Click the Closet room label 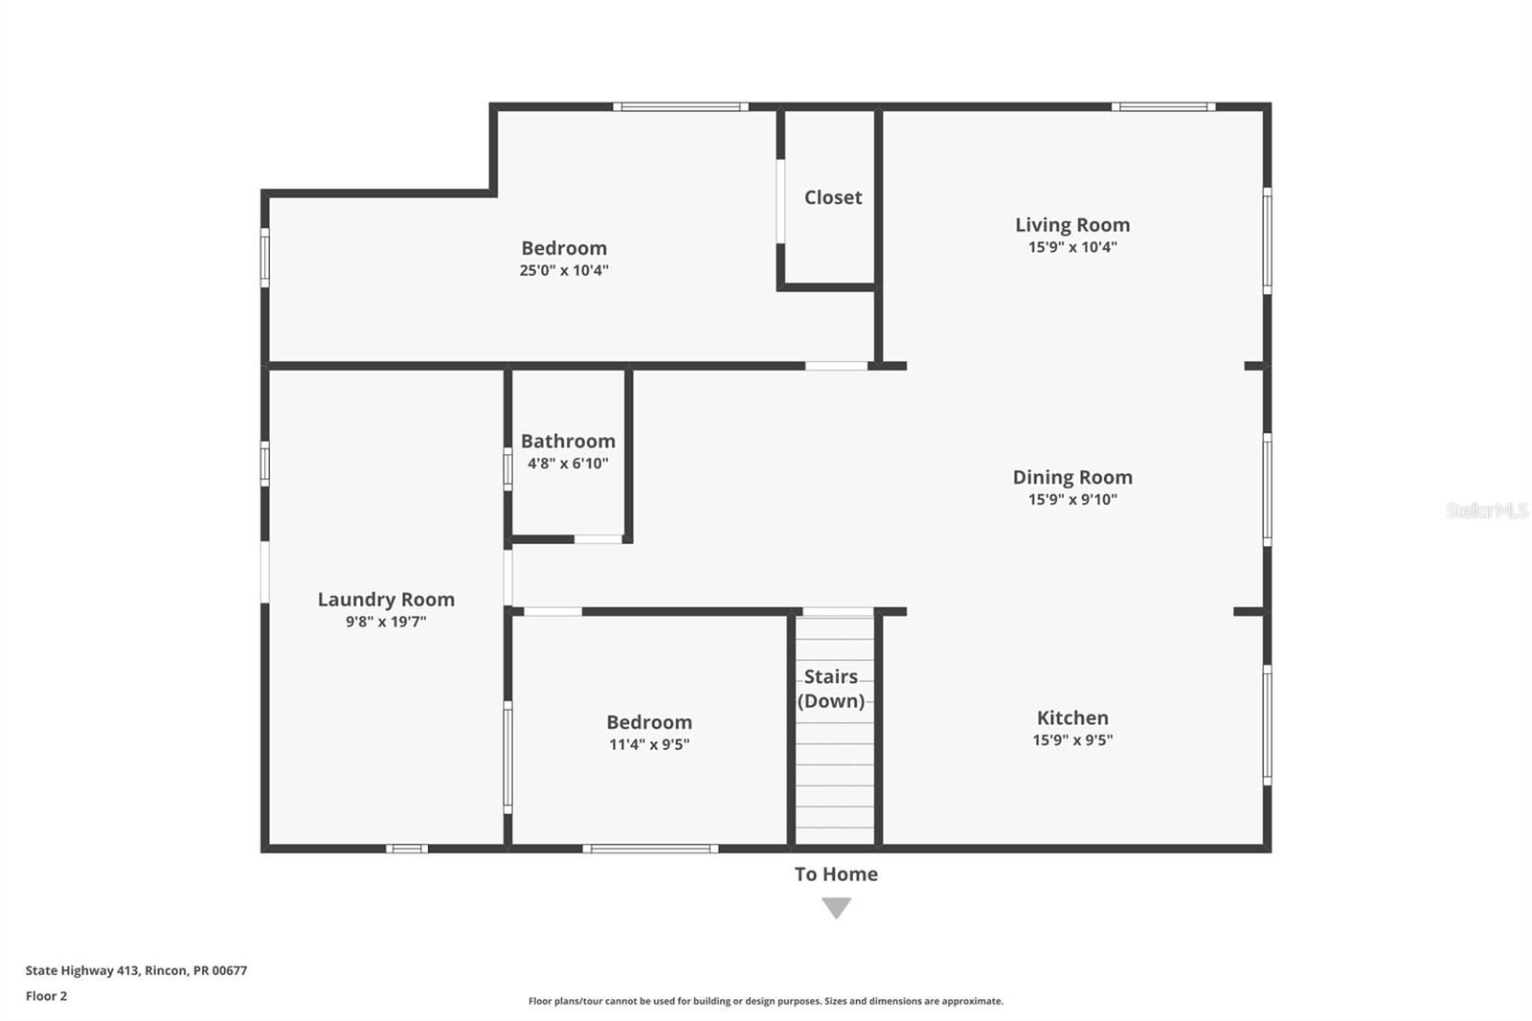pos(832,197)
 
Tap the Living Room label pos(1072,225)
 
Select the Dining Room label pos(1072,477)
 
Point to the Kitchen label pos(1072,717)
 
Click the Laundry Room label pos(386,600)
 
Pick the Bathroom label pos(568,442)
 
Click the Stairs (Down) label pos(831,689)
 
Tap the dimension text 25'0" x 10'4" pos(564,271)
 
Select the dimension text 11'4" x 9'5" pos(649,745)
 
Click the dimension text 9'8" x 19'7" pos(386,622)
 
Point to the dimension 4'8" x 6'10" pos(568,464)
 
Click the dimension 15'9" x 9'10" pos(1072,500)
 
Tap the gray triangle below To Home pos(836,906)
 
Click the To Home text pos(836,874)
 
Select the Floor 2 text pos(46,996)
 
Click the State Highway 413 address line pos(136,970)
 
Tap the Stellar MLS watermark pos(1486,510)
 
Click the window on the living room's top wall pos(1163,106)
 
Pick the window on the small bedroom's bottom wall pos(650,849)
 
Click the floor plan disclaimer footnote pos(766,1001)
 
